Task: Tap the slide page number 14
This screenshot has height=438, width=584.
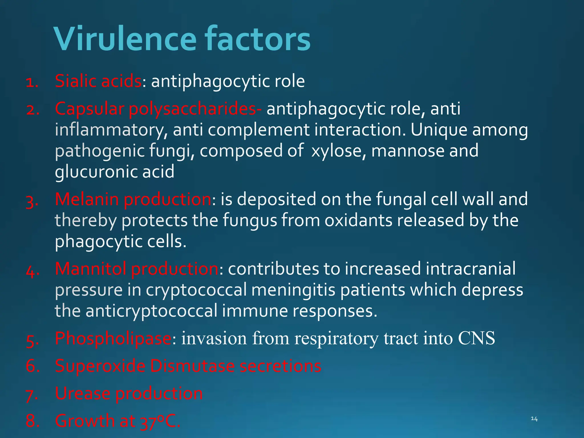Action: click(x=534, y=419)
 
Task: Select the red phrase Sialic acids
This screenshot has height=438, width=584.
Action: click(x=98, y=81)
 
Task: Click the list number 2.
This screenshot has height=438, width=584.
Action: click(x=32, y=110)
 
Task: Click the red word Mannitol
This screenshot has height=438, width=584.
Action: click(x=90, y=269)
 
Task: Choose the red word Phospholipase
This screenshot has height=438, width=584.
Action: click(x=113, y=338)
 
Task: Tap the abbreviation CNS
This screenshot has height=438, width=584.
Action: click(x=476, y=338)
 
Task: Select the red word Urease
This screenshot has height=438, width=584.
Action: click(x=83, y=394)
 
